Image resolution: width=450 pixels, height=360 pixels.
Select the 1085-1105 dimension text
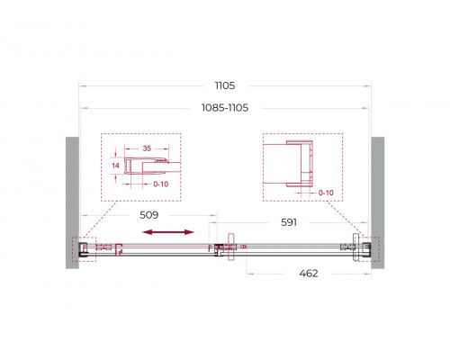(224, 107)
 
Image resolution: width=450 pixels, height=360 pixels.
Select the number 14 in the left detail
(114, 166)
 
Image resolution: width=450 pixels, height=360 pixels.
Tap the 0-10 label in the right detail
(325, 192)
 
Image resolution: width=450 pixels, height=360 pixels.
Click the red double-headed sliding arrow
(167, 232)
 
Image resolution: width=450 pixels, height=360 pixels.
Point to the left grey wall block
(71, 202)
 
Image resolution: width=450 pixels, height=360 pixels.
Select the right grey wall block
(377, 202)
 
